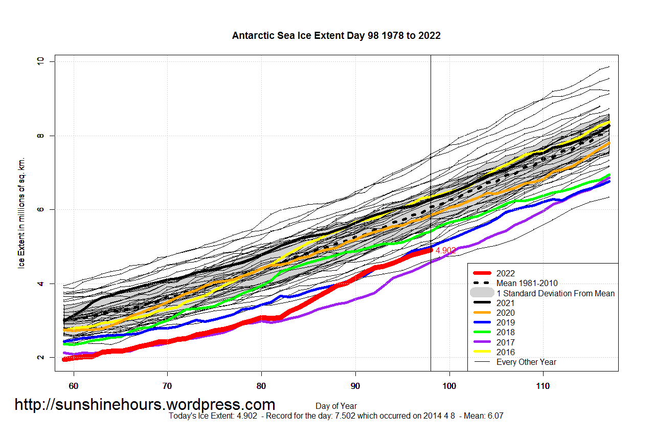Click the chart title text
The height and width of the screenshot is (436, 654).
[x=336, y=36]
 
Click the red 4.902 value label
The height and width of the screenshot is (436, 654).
[x=445, y=250]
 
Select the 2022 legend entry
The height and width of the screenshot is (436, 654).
[x=505, y=273]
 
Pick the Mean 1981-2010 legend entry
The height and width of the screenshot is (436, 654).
[x=527, y=283]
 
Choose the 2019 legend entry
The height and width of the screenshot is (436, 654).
[x=505, y=322]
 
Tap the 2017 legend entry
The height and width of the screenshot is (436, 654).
[x=505, y=342]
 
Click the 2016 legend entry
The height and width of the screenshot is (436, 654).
[x=505, y=352]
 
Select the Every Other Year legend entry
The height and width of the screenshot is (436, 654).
[x=526, y=362]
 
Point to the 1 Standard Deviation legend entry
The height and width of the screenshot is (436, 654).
[x=555, y=293]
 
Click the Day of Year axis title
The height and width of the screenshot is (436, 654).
[x=336, y=406]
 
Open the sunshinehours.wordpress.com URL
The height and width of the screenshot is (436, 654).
[x=145, y=405]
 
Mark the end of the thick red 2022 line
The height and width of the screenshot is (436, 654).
[x=430, y=250]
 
